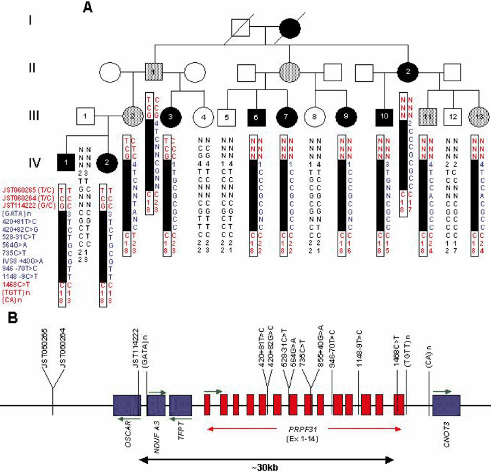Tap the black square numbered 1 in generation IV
coord(65,161)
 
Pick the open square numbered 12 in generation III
coord(450,116)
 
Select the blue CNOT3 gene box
coord(447,406)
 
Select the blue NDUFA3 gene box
coord(156,406)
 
